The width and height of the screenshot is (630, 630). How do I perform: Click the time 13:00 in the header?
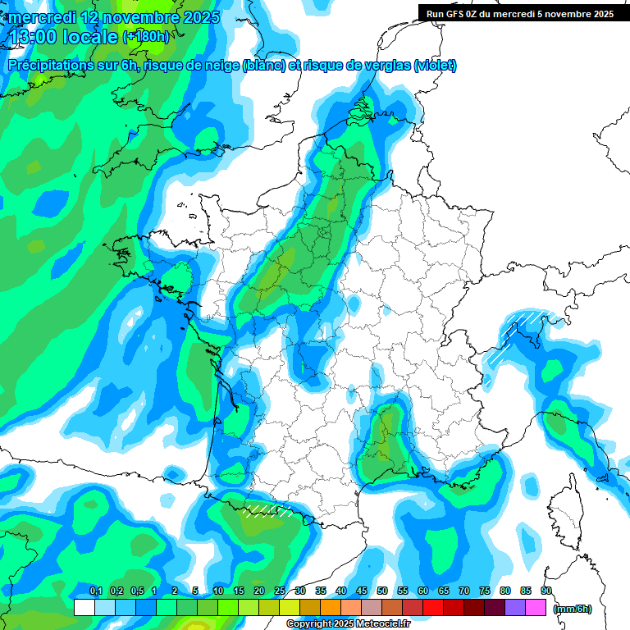37,36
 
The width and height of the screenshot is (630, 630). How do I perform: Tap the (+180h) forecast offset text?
146,37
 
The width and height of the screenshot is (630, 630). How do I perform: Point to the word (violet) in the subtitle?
436,66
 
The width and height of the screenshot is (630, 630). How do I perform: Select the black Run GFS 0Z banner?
519,13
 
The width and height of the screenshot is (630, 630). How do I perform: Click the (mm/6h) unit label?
572,608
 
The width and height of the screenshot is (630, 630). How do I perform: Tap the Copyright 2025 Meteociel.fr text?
349,624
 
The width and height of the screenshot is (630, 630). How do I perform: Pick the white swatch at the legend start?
84,608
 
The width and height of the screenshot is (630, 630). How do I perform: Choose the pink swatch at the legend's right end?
536,608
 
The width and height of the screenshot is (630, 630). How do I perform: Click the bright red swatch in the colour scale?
433,608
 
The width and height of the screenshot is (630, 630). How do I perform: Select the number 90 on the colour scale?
546,591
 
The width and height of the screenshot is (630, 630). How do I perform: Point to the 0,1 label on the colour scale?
95,591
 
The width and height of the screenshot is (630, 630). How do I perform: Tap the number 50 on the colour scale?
382,591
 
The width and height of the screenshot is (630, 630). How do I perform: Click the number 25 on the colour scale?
280,591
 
